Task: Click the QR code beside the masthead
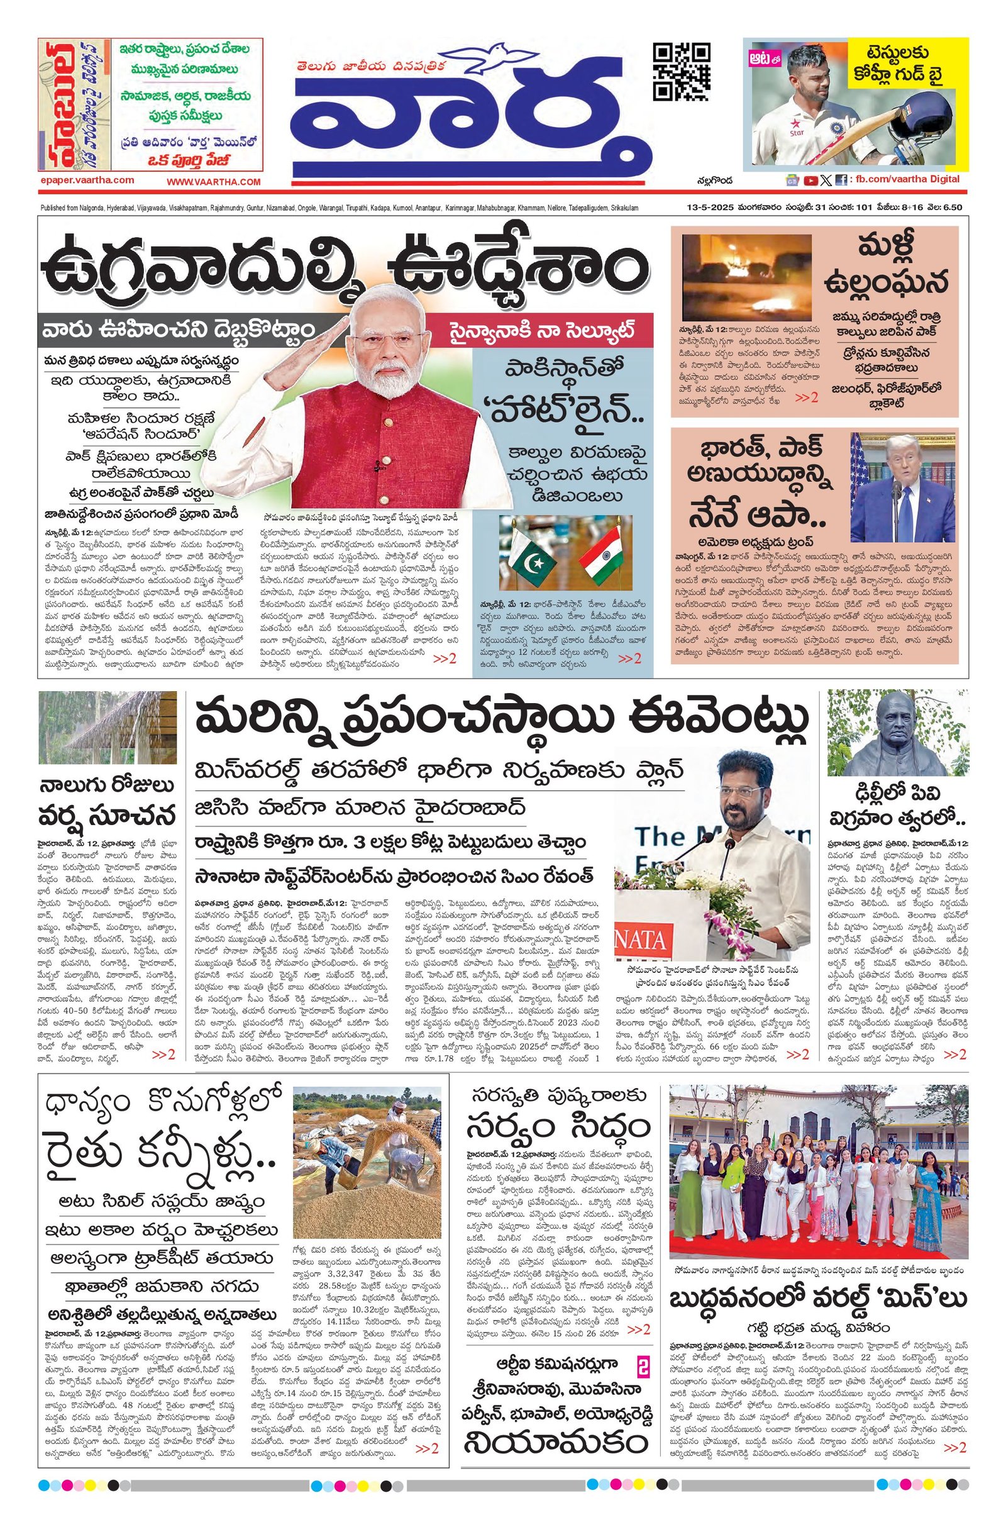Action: pyautogui.click(x=682, y=72)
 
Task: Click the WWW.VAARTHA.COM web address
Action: pyautogui.click(x=213, y=182)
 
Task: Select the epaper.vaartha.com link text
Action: pyautogui.click(x=86, y=181)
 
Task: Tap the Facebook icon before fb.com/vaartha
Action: pyautogui.click(x=841, y=180)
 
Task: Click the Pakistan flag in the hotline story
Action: pyautogui.click(x=529, y=554)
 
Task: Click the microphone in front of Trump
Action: pyautogui.click(x=896, y=489)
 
